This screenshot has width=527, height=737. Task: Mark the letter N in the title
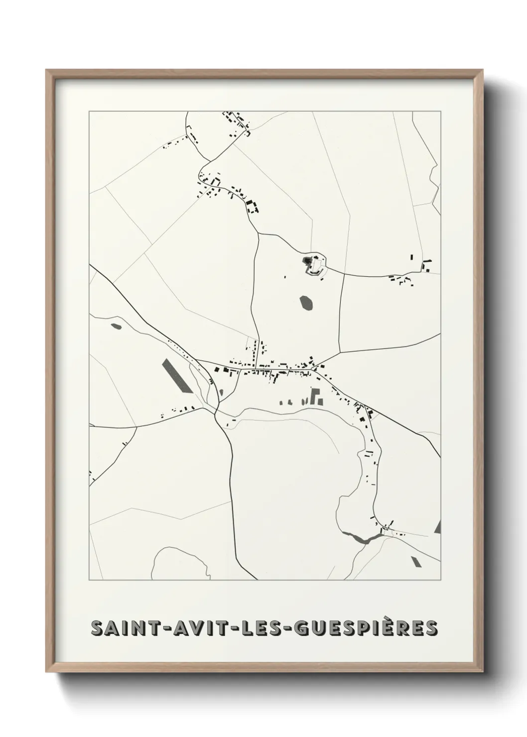pos(138,628)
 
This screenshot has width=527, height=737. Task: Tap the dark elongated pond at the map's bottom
pos(359,538)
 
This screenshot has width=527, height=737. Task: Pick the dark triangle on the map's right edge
pos(438,527)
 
